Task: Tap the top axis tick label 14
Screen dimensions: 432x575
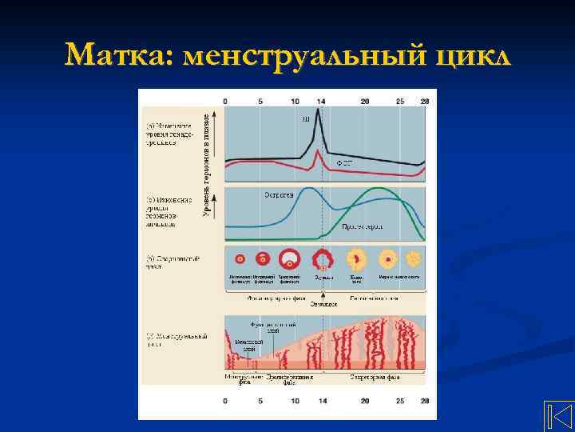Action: coord(321,102)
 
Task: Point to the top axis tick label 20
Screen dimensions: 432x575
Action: coord(365,102)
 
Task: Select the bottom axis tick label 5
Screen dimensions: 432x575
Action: coord(261,400)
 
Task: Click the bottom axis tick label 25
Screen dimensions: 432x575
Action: coord(399,400)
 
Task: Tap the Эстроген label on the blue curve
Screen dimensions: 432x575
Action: coord(279,194)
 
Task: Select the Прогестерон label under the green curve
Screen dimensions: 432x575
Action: coord(363,227)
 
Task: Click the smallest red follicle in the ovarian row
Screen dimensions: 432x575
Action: coord(240,260)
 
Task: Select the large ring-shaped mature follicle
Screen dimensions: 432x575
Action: coord(289,260)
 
